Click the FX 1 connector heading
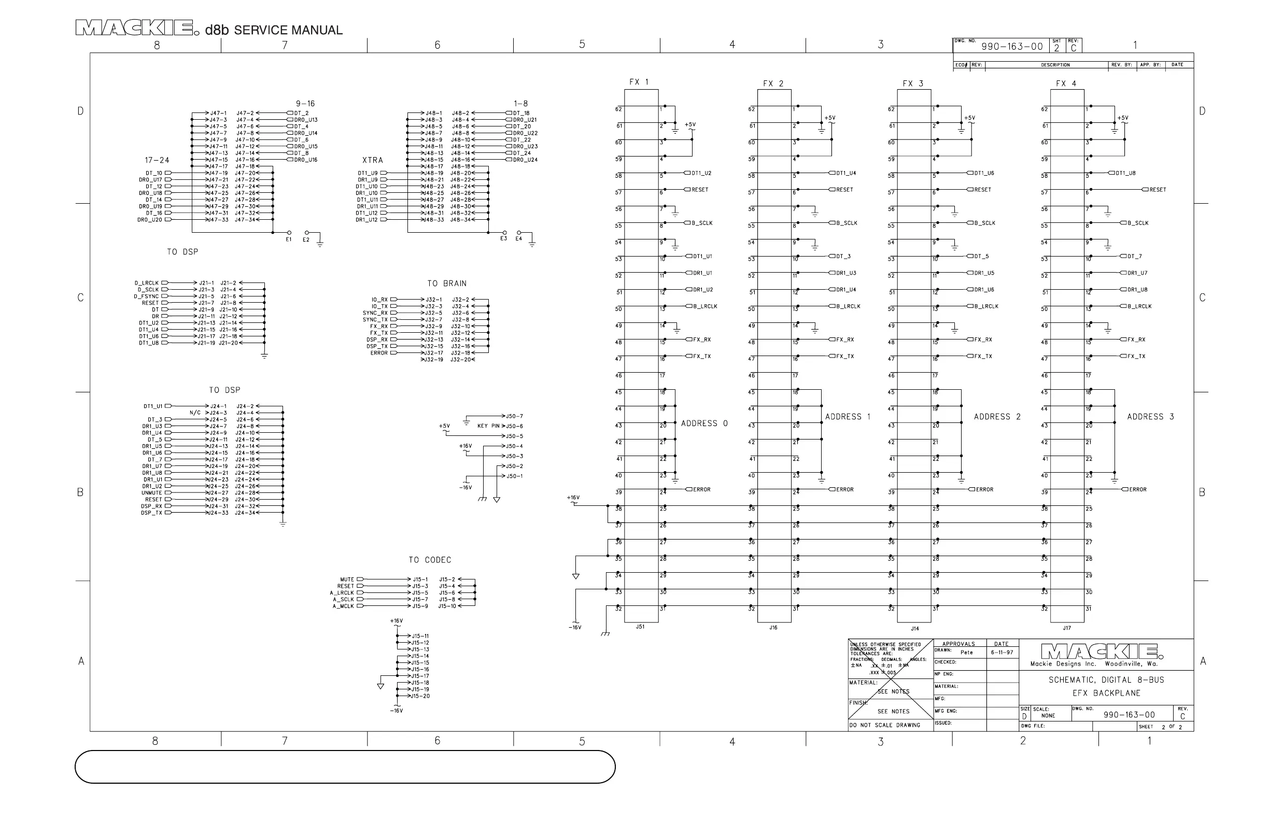(639, 82)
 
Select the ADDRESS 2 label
(996, 417)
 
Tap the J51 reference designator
(640, 627)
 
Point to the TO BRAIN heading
(447, 284)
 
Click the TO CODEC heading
(430, 560)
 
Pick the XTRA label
(373, 160)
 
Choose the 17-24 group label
(157, 160)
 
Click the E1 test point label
(288, 240)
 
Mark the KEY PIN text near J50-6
(488, 426)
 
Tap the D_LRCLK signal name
(147, 283)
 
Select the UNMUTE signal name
(151, 493)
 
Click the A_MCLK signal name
(343, 606)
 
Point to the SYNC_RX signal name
(375, 313)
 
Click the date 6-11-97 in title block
(1003, 653)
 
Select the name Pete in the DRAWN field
(967, 653)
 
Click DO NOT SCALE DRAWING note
(885, 725)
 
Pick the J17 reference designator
(1066, 628)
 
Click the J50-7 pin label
(515, 416)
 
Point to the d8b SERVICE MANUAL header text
(274, 30)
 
